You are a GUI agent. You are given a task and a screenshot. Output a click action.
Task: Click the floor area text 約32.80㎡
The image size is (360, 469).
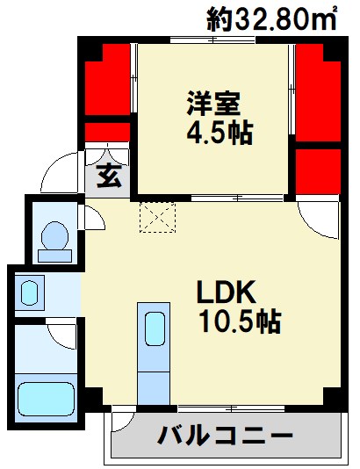pyautogui.click(x=272, y=18)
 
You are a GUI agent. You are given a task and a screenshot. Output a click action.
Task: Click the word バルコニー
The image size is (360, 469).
pyautogui.click(x=225, y=436)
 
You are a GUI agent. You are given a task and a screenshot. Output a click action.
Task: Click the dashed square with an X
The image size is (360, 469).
pyautogui.click(x=157, y=215)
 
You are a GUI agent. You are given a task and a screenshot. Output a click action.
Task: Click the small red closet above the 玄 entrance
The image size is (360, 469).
pyautogui.click(x=106, y=133)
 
